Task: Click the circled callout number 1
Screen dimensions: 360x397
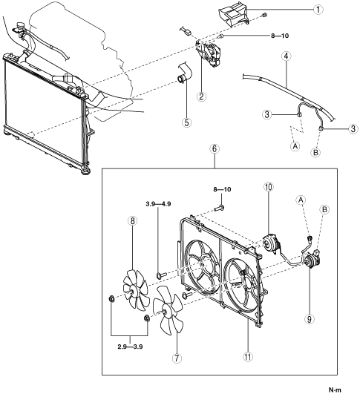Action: (318, 10)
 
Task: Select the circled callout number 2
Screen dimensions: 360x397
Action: (201, 96)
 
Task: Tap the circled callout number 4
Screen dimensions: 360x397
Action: (286, 56)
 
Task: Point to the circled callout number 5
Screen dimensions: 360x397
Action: (187, 122)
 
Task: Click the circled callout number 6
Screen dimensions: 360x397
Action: (215, 149)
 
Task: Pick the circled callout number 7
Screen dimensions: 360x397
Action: (177, 358)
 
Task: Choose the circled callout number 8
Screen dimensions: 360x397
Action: (133, 221)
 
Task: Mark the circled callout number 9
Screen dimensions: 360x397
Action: (310, 319)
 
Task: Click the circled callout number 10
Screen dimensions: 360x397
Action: (269, 187)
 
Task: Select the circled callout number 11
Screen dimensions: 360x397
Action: (248, 356)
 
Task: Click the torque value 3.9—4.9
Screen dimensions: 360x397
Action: (158, 204)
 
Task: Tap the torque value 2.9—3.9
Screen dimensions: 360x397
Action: (130, 347)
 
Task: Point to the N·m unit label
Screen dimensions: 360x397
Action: (335, 389)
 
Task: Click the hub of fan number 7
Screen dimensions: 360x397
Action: (164, 312)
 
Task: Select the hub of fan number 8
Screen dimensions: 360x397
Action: (132, 292)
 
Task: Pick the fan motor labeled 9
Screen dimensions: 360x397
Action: (312, 259)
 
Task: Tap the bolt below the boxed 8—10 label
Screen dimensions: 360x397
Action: (219, 209)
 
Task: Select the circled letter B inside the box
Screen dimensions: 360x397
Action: (324, 210)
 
